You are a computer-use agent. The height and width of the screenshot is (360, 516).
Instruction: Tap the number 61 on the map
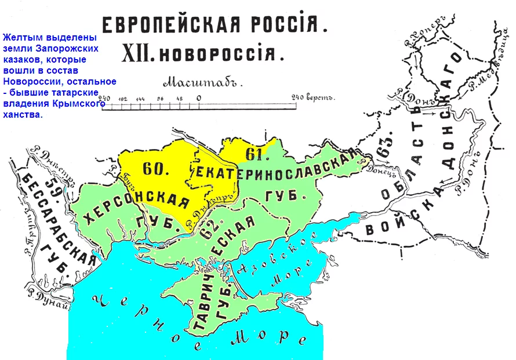tap(253, 154)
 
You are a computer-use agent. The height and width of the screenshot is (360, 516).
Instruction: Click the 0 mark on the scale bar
tap(198, 99)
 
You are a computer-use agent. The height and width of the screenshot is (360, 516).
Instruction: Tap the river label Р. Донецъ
tap(371, 164)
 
